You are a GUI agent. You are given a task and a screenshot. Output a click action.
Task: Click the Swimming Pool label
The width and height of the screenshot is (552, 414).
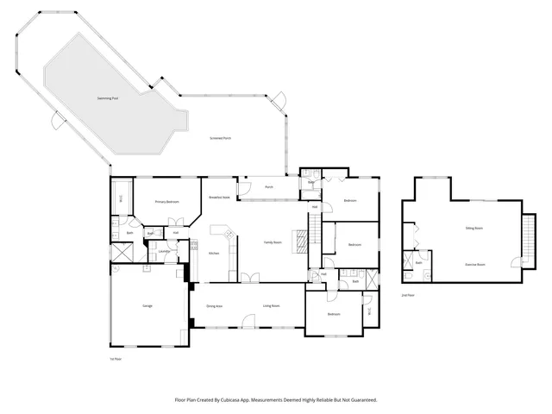tap(108, 99)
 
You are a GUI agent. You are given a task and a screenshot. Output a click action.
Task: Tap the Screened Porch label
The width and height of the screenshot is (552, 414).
tap(221, 138)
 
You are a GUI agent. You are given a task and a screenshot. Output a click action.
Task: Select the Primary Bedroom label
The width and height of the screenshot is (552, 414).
tap(166, 202)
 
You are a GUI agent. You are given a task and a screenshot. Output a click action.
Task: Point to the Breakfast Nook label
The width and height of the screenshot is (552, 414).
tap(219, 198)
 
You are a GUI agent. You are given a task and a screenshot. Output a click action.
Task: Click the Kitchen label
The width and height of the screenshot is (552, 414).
tap(214, 253)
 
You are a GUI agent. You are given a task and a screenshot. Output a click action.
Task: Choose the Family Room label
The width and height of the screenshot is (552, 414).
tap(273, 243)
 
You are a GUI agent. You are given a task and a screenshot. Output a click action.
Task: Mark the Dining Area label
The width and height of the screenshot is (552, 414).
tap(215, 306)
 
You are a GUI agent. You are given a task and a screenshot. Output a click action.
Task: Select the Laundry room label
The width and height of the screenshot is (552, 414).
tap(162, 252)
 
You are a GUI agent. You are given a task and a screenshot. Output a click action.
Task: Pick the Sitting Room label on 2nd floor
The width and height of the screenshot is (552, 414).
tap(474, 228)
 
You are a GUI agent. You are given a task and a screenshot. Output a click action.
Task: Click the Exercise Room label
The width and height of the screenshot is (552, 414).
tap(475, 264)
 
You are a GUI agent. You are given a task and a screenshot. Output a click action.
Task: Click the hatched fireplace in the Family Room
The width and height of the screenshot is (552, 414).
tap(301, 241)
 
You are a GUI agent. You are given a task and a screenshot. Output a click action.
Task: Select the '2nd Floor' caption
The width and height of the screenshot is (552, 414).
tap(408, 295)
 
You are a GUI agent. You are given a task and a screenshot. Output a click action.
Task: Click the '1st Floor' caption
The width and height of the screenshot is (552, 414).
tap(116, 358)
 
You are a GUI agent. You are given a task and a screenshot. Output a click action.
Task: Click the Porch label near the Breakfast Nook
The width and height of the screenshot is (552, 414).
tap(269, 186)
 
